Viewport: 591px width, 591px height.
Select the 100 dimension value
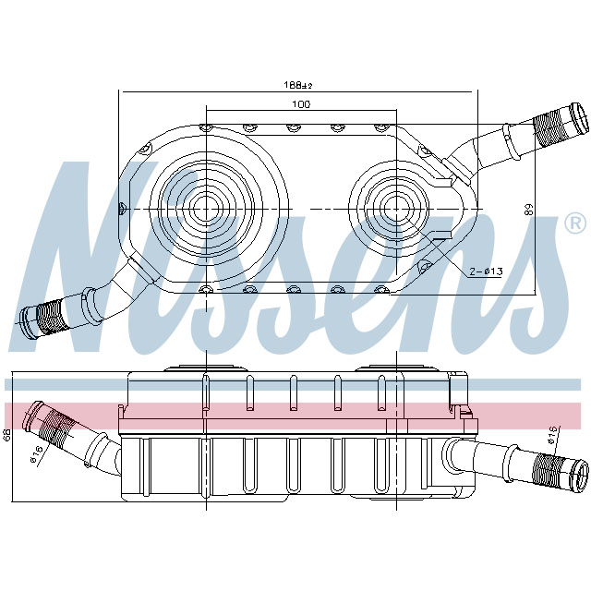300,104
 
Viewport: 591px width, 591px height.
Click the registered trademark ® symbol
573,223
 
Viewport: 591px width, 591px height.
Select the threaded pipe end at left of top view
42,315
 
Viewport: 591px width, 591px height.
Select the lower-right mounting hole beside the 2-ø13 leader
424,269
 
